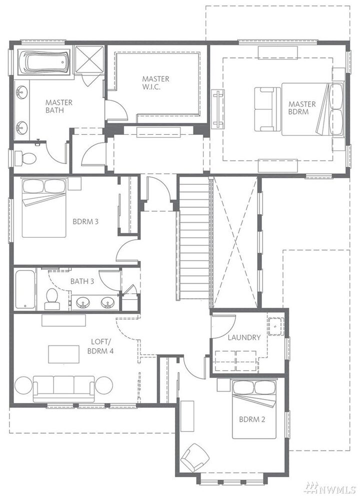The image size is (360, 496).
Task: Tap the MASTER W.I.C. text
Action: pyautogui.click(x=155, y=82)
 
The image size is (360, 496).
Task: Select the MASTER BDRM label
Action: pyautogui.click(x=302, y=108)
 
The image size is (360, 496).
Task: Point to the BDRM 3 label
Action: pyautogui.click(x=85, y=221)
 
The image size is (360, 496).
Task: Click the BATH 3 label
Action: pyautogui.click(x=81, y=281)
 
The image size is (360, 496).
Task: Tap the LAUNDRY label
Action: pyautogui.click(x=244, y=337)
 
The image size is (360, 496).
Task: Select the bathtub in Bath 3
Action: pyautogui.click(x=24, y=289)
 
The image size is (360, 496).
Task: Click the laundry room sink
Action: pyautogui.click(x=275, y=326)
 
